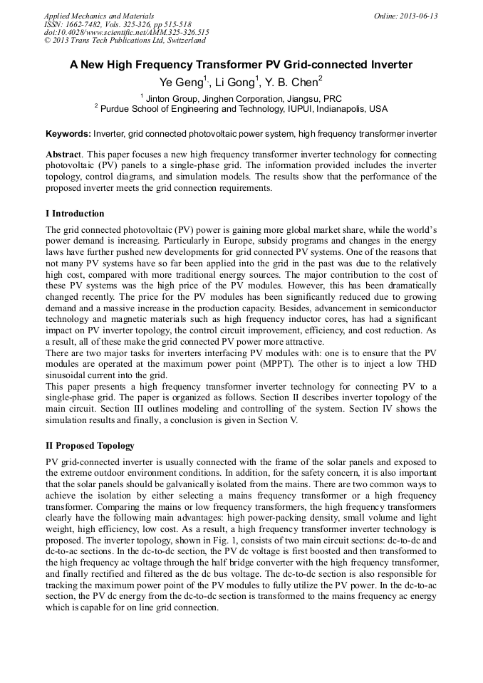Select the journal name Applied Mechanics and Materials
[99, 16]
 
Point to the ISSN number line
[118, 24]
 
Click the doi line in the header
[126, 32]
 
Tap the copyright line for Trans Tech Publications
[125, 41]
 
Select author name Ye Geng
[183, 83]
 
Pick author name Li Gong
[234, 83]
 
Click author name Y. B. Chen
[293, 83]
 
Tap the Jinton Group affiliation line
[241, 98]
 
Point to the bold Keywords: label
[68, 133]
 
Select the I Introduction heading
[75, 213]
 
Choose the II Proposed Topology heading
[90, 446]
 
